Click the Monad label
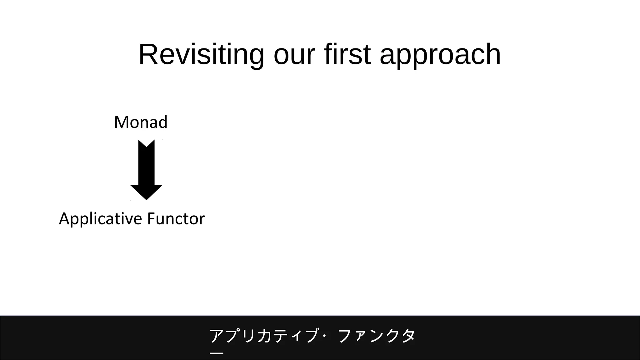[x=141, y=122]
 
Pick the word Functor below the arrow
[x=176, y=218]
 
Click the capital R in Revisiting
[x=147, y=55]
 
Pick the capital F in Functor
[x=151, y=218]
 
